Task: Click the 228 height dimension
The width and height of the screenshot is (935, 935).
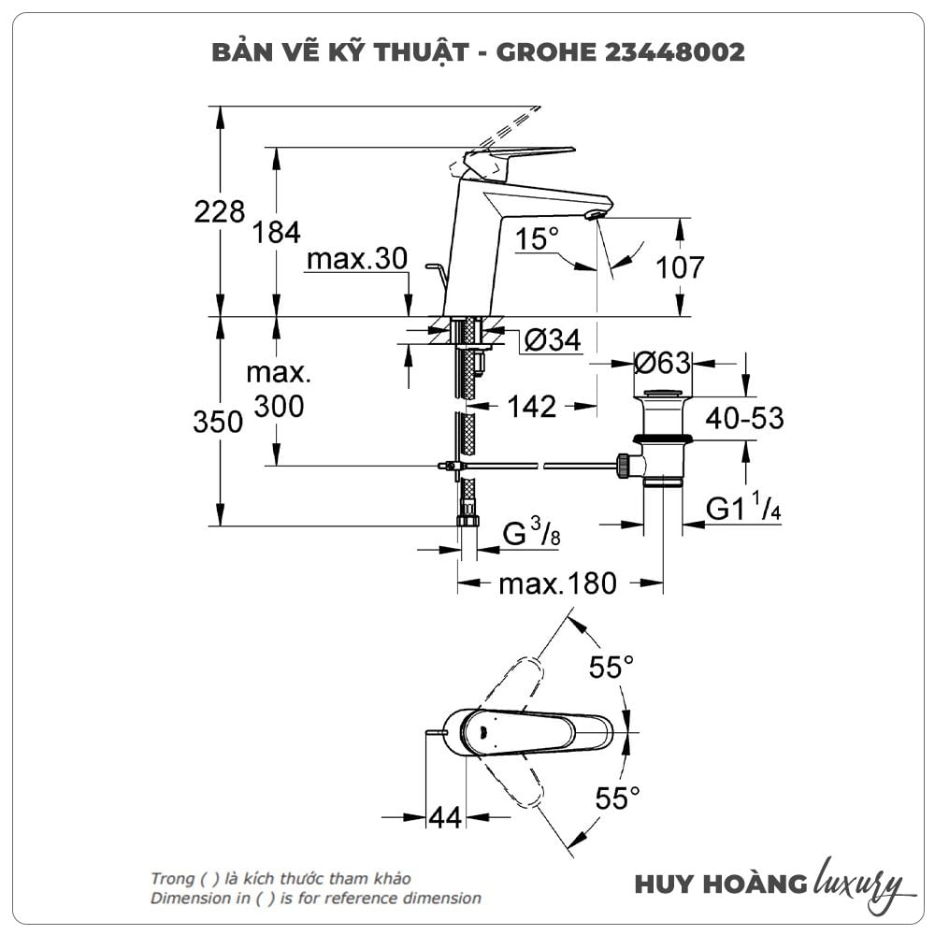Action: coord(219,212)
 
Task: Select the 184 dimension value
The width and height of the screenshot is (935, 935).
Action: coord(277,233)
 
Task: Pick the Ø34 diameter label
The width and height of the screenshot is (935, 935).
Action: coord(553,341)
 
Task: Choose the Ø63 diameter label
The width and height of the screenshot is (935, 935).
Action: coord(662,362)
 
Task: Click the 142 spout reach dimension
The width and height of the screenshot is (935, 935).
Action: coord(532,406)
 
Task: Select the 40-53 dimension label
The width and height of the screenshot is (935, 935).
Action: coord(745,418)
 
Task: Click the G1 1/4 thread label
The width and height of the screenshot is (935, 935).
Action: coord(743,510)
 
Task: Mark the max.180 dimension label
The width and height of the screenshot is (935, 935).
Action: coord(557,584)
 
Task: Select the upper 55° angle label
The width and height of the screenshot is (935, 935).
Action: coord(611,668)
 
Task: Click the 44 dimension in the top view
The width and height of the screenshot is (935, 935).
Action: coord(445,817)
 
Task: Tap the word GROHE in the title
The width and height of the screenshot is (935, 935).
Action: coord(544,51)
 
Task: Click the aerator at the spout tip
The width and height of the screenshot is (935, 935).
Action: coord(592,215)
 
